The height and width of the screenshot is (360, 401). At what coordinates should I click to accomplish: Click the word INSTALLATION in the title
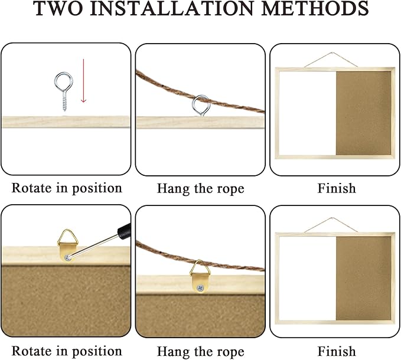click(x=172, y=8)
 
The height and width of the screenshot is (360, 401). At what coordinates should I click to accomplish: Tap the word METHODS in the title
click(x=315, y=8)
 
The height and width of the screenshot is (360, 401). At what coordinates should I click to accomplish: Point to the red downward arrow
click(x=83, y=80)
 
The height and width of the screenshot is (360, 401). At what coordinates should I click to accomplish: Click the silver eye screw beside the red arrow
click(x=64, y=91)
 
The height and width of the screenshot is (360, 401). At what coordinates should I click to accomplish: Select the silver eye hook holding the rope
click(x=201, y=105)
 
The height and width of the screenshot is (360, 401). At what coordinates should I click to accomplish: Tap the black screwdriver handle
click(x=124, y=229)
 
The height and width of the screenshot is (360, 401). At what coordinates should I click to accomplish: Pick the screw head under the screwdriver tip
click(x=67, y=257)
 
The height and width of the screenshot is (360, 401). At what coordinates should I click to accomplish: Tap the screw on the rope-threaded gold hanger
click(x=200, y=288)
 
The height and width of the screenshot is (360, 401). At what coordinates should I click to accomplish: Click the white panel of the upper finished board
click(x=307, y=113)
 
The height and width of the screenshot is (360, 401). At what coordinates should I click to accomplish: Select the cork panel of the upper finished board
click(x=363, y=113)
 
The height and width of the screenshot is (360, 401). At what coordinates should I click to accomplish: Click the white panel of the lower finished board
click(x=307, y=278)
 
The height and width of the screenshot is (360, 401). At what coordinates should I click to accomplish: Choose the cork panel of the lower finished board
click(x=364, y=278)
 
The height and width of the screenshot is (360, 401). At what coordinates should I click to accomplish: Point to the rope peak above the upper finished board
click(x=332, y=53)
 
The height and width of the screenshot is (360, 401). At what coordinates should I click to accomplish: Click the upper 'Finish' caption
click(x=337, y=189)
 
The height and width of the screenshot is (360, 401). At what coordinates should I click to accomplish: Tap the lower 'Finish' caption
click(x=337, y=351)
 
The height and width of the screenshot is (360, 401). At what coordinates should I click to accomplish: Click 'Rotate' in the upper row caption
click(x=31, y=188)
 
